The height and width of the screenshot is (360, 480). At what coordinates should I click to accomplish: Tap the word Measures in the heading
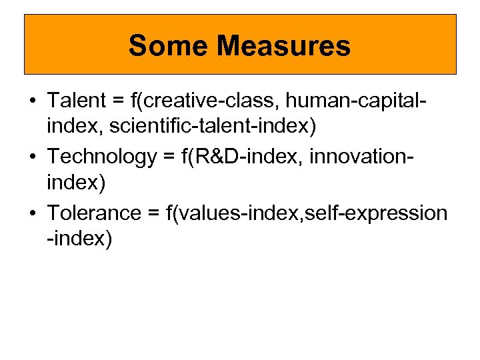click(283, 46)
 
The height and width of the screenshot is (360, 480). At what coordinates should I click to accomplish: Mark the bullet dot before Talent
click(32, 101)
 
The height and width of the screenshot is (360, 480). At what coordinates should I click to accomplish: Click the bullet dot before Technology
click(32, 157)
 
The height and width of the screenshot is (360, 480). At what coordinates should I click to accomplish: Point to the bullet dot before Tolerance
click(32, 213)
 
